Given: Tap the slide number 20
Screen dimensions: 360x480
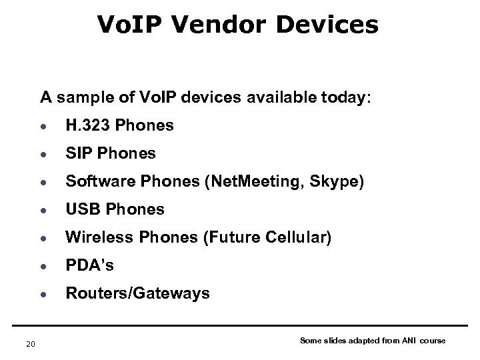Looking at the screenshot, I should click(x=29, y=343).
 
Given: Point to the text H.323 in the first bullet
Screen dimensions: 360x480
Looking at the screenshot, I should click(x=85, y=125).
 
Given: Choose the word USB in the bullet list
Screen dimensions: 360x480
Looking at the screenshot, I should click(x=80, y=209).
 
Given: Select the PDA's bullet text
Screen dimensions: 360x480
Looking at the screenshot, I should click(x=89, y=265).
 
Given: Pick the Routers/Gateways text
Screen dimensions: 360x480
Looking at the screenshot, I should click(x=137, y=293).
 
